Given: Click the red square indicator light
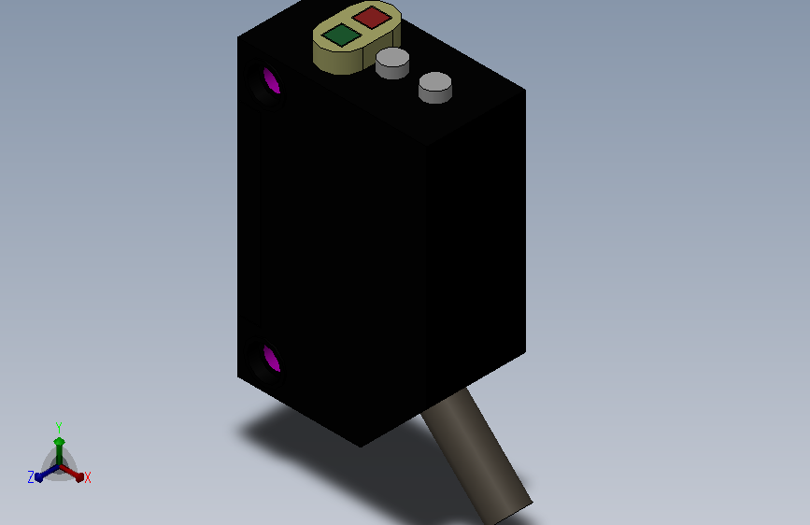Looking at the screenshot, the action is click(x=372, y=17).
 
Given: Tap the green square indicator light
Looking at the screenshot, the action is click(x=341, y=35).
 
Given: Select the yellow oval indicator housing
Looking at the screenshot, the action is click(x=357, y=37).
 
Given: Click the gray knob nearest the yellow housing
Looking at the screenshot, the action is click(x=392, y=63).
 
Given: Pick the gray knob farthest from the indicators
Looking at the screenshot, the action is click(x=435, y=87).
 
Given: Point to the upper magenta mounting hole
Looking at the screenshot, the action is click(x=271, y=80).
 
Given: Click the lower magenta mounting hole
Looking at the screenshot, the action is click(x=271, y=359).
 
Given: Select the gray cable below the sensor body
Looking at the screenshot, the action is click(x=476, y=455).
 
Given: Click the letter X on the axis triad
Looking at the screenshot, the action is click(x=87, y=477).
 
